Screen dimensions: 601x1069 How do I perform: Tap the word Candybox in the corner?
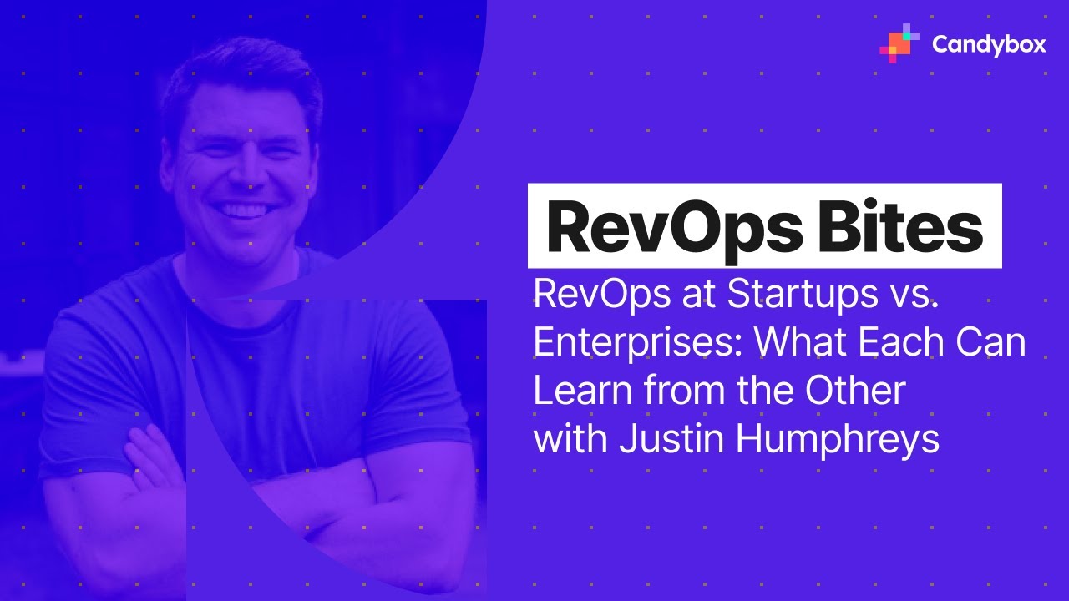989,44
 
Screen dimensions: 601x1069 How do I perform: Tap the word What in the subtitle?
790,343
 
